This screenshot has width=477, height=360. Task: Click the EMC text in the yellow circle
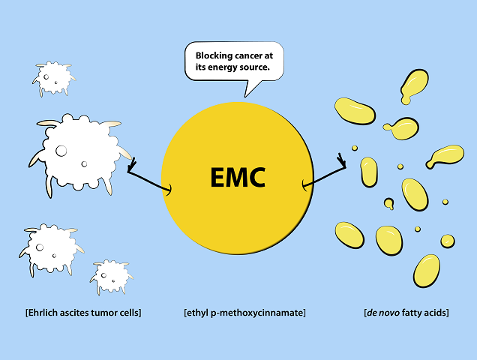238,178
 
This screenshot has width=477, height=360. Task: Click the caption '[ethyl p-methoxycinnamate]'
245,313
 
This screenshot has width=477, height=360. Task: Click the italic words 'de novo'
383,313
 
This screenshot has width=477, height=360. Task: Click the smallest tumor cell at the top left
53,78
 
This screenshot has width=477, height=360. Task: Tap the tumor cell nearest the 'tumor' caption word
111,276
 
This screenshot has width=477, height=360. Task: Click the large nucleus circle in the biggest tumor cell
61,151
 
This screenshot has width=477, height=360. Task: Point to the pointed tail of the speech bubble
245,97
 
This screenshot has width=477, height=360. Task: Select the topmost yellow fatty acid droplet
414,86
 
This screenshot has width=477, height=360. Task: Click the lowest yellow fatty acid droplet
427,271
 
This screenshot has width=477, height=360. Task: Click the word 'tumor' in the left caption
103,313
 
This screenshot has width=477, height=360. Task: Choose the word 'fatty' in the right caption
412,313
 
